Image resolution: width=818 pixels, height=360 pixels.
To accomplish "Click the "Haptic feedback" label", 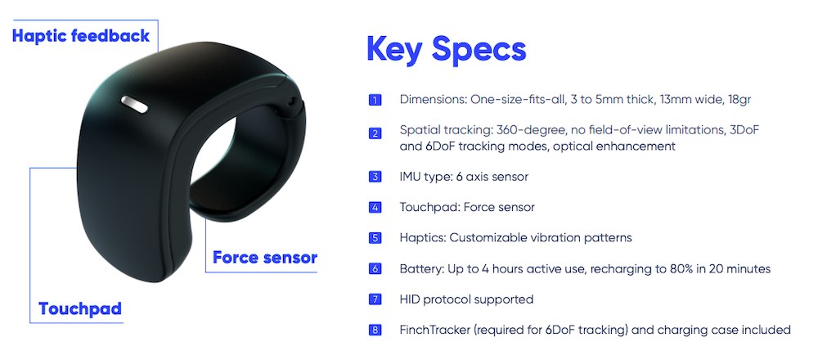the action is pyautogui.click(x=81, y=36).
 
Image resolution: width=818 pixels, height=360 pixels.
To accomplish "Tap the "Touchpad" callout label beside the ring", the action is pyautogui.click(x=80, y=309).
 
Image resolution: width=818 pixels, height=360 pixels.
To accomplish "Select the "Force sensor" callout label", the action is pyautogui.click(x=265, y=257).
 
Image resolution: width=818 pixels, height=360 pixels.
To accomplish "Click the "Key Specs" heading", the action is pyautogui.click(x=446, y=49).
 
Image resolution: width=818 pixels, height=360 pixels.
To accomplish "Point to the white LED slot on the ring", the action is pyautogui.click(x=134, y=104).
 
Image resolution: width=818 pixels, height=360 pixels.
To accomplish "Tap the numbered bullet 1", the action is pyautogui.click(x=375, y=100).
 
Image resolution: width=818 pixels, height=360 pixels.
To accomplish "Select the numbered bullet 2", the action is pyautogui.click(x=375, y=133).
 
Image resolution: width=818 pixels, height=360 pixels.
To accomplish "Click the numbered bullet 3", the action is pyautogui.click(x=375, y=177).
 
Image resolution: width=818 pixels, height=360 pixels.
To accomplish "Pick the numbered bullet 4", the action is pyautogui.click(x=375, y=208).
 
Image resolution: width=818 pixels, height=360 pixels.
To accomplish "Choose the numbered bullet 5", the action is pyautogui.click(x=375, y=238).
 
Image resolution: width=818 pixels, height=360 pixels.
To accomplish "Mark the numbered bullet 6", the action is pyautogui.click(x=375, y=269).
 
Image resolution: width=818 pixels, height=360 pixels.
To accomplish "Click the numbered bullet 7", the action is pyautogui.click(x=375, y=299).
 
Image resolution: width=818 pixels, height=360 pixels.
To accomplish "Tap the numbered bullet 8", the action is pyautogui.click(x=375, y=331).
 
